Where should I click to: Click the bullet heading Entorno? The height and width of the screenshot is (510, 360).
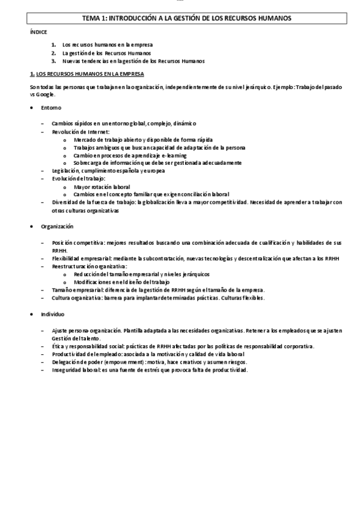tap(50, 109)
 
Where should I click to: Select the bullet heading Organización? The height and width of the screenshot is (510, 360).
tap(57, 226)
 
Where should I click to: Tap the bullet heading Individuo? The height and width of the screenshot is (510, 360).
tap(53, 315)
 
